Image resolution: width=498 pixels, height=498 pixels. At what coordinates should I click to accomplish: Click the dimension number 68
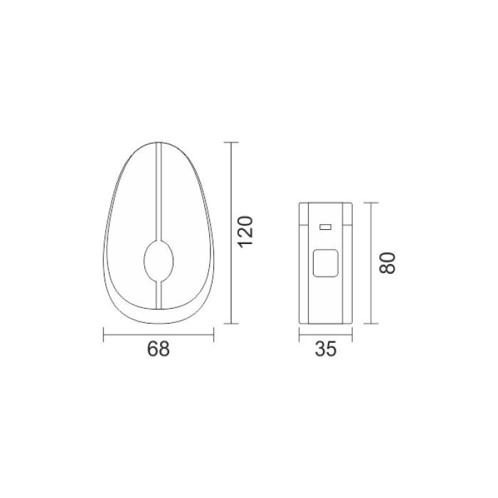tap(159, 349)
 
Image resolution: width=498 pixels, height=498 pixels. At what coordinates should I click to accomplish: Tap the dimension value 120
tap(245, 232)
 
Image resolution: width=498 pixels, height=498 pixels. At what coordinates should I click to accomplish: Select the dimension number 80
tap(388, 263)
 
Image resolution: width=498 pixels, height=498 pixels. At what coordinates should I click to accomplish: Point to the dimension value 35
tap(326, 349)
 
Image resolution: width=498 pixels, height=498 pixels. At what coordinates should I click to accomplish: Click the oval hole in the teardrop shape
tap(159, 261)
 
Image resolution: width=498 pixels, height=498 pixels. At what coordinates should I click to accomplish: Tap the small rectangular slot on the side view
tap(326, 227)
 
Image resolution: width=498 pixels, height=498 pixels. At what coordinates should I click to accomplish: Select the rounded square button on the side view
tap(326, 263)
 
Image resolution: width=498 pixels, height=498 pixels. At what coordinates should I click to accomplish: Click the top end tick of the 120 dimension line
tap(231, 142)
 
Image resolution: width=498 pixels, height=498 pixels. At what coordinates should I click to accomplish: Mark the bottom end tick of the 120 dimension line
tap(231, 324)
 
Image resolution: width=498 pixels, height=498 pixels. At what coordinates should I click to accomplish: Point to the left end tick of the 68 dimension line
tap(104, 335)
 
